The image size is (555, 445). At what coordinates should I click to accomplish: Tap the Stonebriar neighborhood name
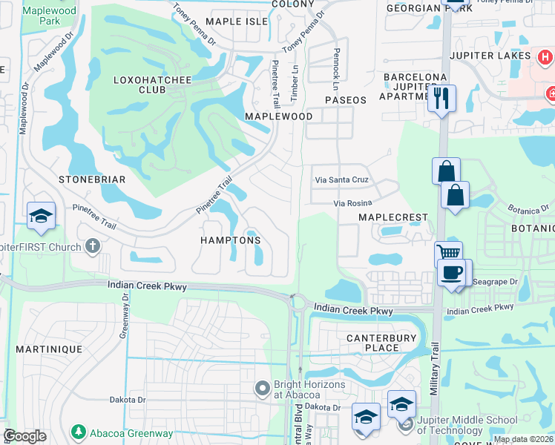pyautogui.click(x=92, y=179)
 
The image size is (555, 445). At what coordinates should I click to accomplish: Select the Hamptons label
pyautogui.click(x=230, y=240)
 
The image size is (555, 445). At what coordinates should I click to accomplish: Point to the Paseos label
pyautogui.click(x=345, y=100)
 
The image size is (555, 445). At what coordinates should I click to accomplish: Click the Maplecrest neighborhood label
pyautogui.click(x=393, y=217)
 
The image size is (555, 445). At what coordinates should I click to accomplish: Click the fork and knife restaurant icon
pyautogui.click(x=441, y=99)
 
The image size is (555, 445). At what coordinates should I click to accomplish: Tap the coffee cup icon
pyautogui.click(x=452, y=272)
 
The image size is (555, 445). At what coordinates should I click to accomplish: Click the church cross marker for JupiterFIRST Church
pyautogui.click(x=92, y=245)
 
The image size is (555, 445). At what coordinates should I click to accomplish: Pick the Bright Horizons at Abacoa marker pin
pyautogui.click(x=262, y=388)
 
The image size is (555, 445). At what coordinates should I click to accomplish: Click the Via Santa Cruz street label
pyautogui.click(x=341, y=180)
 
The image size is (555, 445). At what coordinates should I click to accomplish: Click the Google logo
pyautogui.click(x=25, y=435)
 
